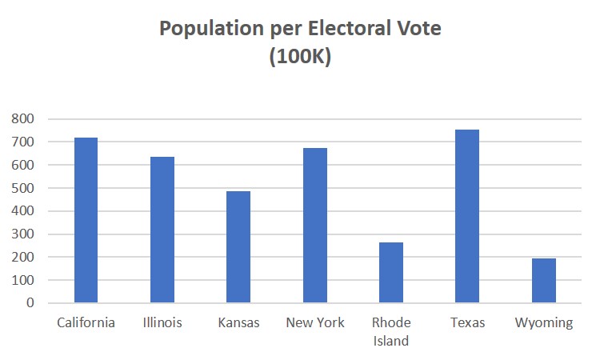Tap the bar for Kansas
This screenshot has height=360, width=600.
[238, 247]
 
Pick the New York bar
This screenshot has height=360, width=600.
[315, 226]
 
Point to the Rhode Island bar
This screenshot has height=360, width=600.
[390, 273]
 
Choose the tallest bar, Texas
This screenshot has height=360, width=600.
[467, 216]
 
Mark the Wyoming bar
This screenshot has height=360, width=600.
[543, 281]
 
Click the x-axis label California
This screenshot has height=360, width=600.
[86, 323]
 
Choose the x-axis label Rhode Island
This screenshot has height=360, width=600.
[390, 332]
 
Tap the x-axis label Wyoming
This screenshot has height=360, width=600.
[544, 323]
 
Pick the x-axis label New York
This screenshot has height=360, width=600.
[315, 323]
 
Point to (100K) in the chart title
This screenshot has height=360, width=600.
[300, 58]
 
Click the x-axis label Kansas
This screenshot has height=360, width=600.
[238, 323]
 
